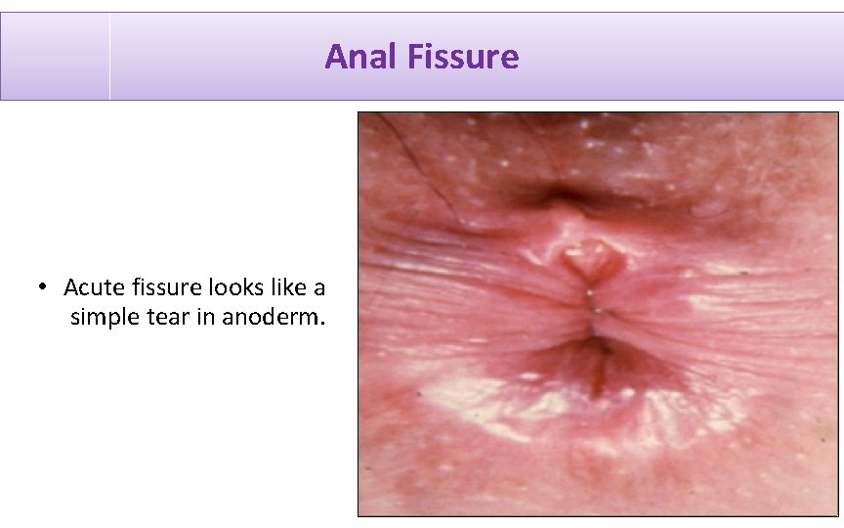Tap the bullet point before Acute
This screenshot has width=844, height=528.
pos(43,288)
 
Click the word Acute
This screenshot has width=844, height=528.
pos(91,288)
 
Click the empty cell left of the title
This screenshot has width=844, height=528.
pos(55,57)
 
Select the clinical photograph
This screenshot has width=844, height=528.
pos(597,313)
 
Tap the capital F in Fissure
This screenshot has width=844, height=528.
pos(414,57)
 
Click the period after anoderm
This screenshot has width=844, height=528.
pos(322,323)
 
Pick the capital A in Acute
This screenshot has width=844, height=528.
pos(71,288)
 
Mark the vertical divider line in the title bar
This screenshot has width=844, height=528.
pos(109,57)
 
